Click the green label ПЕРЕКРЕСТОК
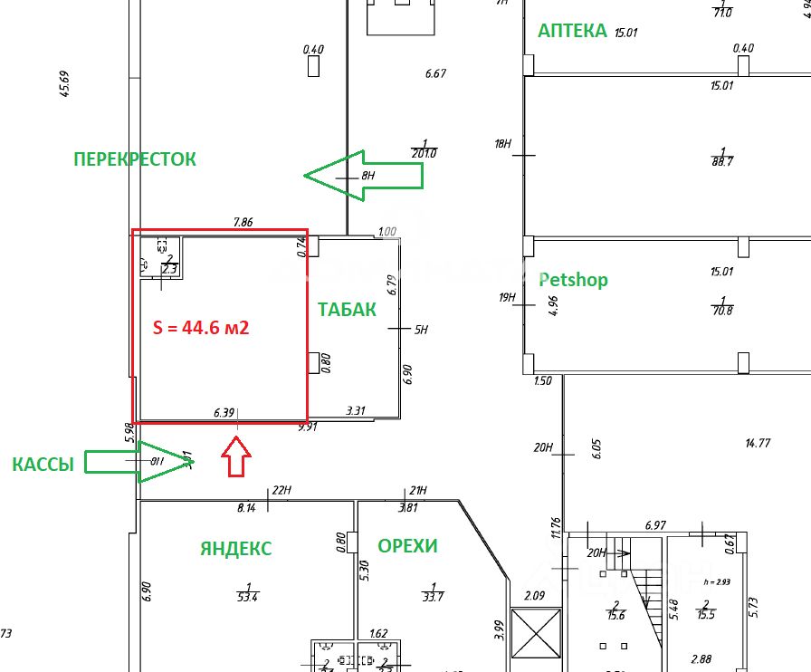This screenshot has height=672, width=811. coord(134,159)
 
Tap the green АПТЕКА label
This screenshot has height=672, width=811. coord(572,31)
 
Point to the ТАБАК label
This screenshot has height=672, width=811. coord(347,310)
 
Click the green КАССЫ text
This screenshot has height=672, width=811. coord(43,465)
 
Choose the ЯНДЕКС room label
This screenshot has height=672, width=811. coord(235,548)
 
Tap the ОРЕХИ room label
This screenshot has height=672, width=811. coord(407,546)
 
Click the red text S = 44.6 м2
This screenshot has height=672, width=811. coord(203,328)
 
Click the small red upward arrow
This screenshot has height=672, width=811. coord(235,456)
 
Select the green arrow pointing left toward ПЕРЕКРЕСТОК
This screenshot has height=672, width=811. coord(362,176)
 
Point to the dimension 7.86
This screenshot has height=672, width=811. coord(243,222)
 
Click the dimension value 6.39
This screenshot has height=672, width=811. coord(224,412)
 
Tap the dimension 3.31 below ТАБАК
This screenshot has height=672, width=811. coord(356,411)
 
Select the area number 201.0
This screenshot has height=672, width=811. coord(424,153)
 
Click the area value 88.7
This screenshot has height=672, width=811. coord(722,160)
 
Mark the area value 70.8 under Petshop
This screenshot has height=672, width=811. coord(722,309)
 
